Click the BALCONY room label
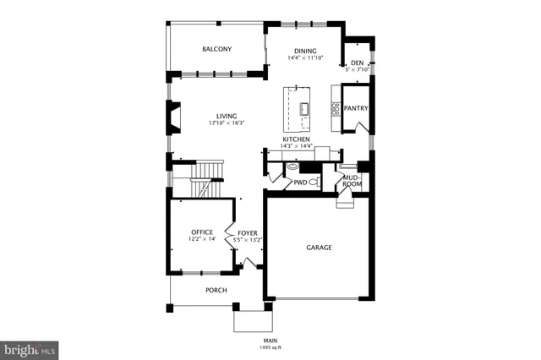click(216, 49)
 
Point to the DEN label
click(357, 63)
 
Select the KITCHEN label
click(296, 139)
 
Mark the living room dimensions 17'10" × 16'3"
click(227, 123)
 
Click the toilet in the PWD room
click(313, 181)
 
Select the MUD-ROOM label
click(352, 180)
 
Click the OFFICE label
click(201, 232)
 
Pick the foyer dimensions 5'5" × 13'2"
click(247, 239)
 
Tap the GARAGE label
click(319, 248)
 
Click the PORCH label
click(216, 290)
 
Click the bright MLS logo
click(30, 348)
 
